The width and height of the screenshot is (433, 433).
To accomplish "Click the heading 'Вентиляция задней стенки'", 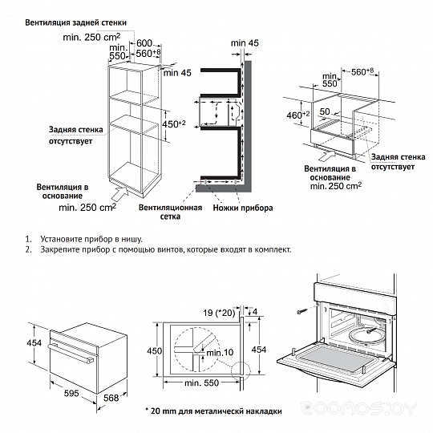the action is click(x=75, y=22).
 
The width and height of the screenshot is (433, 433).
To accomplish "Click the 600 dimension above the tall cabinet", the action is click(x=144, y=43).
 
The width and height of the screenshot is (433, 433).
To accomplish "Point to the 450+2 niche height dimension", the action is click(x=174, y=124).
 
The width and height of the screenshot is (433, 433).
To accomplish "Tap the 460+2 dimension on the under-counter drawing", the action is click(x=298, y=115).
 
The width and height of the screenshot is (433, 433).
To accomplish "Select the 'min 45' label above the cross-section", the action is click(x=245, y=43).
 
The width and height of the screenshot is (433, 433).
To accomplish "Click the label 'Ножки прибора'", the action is click(x=243, y=208).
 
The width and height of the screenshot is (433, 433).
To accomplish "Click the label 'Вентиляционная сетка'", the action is click(x=170, y=212).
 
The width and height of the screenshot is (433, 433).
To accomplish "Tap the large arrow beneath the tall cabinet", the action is click(x=120, y=194).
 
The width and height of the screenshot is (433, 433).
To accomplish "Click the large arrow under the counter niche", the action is click(x=326, y=155).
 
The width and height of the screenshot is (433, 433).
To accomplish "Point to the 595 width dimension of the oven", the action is click(x=71, y=393).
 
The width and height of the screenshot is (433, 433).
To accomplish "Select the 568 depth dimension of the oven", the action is click(x=111, y=398).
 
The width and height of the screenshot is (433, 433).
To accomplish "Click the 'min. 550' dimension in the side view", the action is click(x=201, y=382).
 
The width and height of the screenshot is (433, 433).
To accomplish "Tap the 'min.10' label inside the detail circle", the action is click(x=220, y=352).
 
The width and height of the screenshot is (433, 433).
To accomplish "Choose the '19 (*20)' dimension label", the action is click(x=219, y=313).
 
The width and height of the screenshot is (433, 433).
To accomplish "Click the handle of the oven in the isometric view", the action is click(x=71, y=353).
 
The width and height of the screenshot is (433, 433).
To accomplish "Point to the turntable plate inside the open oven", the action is click(x=366, y=335).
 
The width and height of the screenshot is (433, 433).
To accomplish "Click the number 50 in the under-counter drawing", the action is click(x=325, y=111).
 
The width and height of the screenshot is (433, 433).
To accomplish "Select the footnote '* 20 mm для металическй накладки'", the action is click(x=214, y=411).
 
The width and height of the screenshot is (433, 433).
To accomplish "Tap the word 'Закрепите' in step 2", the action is click(x=58, y=249).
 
